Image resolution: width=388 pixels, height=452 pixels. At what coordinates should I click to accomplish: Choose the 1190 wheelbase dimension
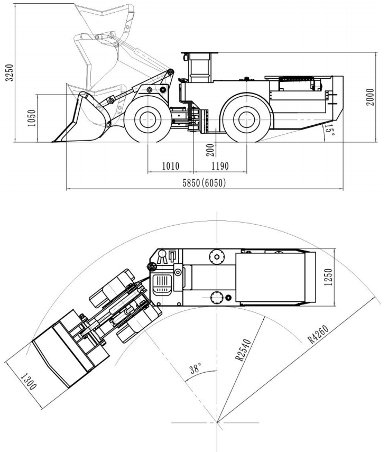219,167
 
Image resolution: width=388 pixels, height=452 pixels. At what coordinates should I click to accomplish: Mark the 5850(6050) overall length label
204,182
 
